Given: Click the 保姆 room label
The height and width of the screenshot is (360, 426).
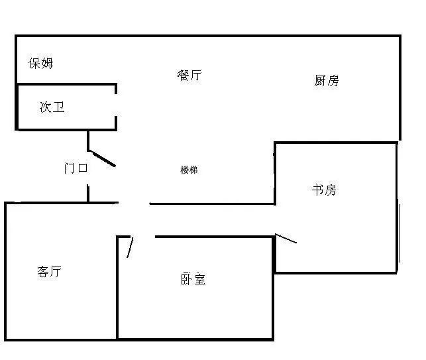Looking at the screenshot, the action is coord(41,63).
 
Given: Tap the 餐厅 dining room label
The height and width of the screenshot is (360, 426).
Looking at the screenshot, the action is coord(189,75).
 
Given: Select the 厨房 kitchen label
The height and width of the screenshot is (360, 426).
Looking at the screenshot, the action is coord(327,80).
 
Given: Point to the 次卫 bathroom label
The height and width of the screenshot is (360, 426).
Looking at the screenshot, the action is coord(52,107).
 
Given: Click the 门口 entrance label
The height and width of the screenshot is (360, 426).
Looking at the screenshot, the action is coord(76,168).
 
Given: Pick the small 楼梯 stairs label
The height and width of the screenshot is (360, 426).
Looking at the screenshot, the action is coord(189,170).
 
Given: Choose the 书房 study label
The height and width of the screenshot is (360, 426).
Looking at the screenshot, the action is coord(324,190).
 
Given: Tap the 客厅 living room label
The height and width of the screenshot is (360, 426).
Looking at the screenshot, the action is coord(49,271).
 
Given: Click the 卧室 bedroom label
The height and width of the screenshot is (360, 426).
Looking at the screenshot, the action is coord(193,279).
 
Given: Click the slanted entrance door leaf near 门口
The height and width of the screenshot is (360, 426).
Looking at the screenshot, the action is coord(102,158).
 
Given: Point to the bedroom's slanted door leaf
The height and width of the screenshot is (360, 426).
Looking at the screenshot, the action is coord(130,247).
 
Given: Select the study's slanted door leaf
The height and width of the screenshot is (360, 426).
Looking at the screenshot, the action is coord(286,238).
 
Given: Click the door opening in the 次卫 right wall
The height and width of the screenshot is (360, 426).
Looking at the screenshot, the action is coord(116,105).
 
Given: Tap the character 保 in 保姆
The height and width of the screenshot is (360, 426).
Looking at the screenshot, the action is coord(34,63).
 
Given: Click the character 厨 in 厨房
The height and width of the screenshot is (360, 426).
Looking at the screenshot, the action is coord(320,80).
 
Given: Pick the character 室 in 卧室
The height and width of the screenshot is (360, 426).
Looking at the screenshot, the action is coord(199,279).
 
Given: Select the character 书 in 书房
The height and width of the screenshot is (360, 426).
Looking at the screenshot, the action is coord(317,190).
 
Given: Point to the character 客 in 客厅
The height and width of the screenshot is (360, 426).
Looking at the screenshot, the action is coord(43,271).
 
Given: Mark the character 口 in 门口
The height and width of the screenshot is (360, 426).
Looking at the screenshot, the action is coord(83,168).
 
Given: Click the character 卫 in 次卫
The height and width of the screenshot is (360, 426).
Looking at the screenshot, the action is coord(58,107).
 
